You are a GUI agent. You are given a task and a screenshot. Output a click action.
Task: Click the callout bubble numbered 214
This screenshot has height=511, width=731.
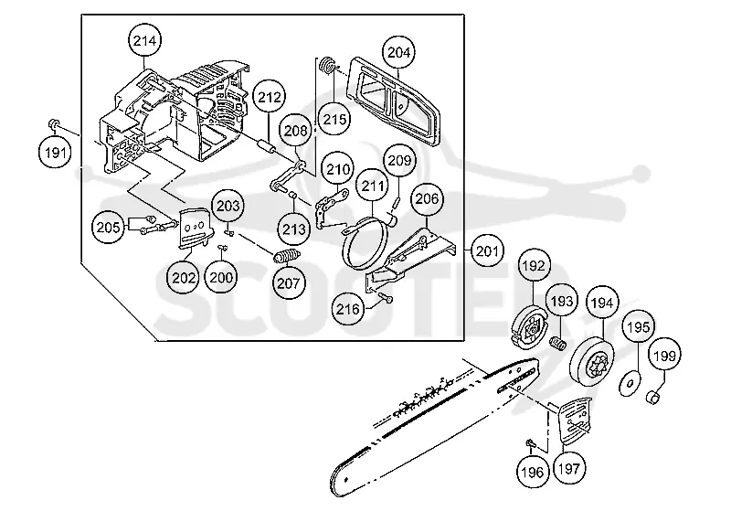point(144,40)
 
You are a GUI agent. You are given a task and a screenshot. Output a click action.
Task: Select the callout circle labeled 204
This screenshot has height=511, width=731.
point(399,52)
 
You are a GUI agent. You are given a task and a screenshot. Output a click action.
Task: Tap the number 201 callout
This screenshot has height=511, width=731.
point(487,251)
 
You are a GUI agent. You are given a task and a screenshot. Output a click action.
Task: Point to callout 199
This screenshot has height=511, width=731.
point(664,356)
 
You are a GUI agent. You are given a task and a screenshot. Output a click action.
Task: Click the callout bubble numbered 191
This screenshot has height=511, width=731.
point(55,152)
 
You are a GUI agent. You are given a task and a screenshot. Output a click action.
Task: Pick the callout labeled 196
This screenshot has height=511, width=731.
point(533,472)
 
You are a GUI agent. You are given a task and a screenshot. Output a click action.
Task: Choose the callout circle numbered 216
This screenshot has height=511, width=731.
point(348,309)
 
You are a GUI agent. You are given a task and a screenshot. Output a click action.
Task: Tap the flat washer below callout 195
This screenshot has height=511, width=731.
point(630,384)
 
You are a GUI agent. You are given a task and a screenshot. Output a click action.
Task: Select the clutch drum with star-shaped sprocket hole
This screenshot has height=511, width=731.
point(592,362)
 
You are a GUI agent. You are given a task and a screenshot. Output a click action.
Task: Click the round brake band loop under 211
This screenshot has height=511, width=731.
point(368,243)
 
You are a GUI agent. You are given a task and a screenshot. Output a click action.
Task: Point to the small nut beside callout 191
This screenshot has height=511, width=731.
point(53,123)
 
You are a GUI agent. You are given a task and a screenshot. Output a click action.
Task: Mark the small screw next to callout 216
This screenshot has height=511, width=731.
point(386,298)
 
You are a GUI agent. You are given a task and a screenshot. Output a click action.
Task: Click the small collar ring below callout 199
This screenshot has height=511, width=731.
point(653,398)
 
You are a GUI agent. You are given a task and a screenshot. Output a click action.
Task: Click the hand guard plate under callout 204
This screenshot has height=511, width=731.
point(396,101)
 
